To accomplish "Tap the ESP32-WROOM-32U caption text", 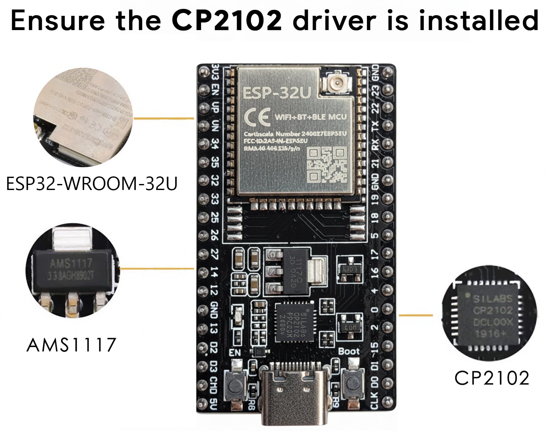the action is (92, 184).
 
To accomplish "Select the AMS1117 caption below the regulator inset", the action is (71, 345).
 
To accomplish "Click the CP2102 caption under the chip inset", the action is (492, 378).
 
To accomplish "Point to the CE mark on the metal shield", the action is (257, 117).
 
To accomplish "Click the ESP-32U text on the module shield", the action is (276, 93).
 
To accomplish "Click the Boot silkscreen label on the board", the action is (349, 351).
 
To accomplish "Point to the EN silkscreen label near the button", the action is (235, 352).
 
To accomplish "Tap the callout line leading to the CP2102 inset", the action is (415, 315).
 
